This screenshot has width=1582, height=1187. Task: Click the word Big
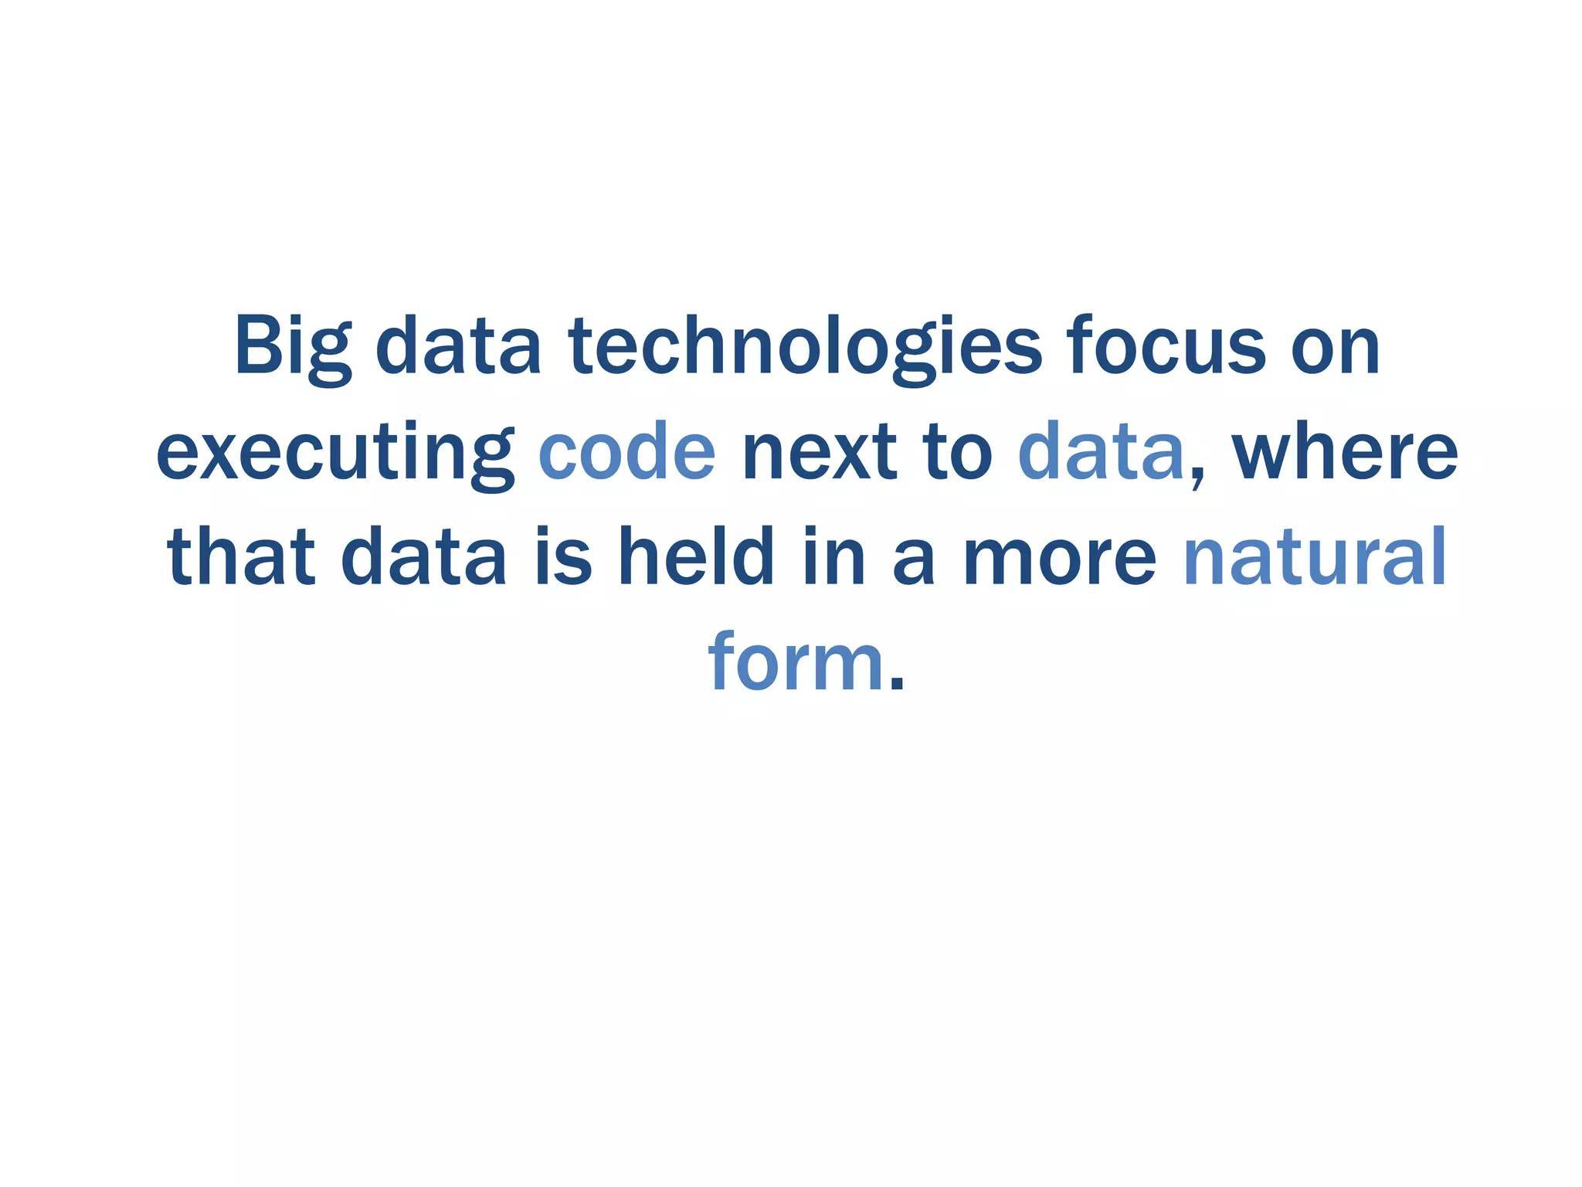(292, 348)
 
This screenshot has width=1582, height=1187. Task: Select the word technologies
(805, 348)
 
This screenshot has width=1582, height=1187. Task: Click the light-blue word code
(626, 452)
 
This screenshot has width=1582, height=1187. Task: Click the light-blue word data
(1101, 452)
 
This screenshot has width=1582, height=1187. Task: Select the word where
(1345, 452)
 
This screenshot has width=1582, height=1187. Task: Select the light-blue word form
(796, 662)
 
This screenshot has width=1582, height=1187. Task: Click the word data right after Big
(457, 348)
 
